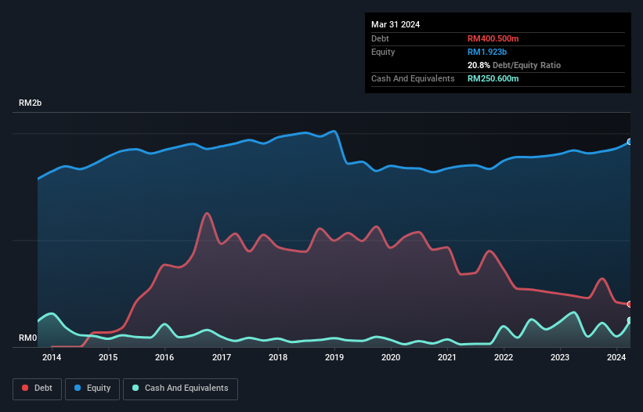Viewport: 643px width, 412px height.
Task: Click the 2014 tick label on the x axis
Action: [52, 358]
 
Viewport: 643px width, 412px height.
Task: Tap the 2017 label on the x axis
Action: [222, 358]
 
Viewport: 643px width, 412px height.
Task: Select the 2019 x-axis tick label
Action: [334, 358]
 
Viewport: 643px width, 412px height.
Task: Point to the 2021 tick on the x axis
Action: [447, 358]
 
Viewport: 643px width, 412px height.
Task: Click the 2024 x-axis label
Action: [616, 358]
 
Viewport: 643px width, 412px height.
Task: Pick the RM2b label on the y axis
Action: [31, 103]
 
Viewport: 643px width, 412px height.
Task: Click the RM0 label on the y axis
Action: [28, 338]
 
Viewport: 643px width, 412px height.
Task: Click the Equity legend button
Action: [92, 389]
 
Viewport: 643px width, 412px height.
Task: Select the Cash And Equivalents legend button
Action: [180, 389]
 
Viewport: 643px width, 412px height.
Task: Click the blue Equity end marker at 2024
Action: [630, 142]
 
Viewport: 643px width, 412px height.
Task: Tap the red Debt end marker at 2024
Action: [630, 304]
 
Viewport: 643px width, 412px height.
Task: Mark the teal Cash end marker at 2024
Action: [630, 320]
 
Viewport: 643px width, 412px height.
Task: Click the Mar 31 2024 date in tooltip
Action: [396, 24]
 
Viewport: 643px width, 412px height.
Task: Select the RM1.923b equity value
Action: [487, 52]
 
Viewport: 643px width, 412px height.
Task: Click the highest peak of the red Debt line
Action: [207, 213]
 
